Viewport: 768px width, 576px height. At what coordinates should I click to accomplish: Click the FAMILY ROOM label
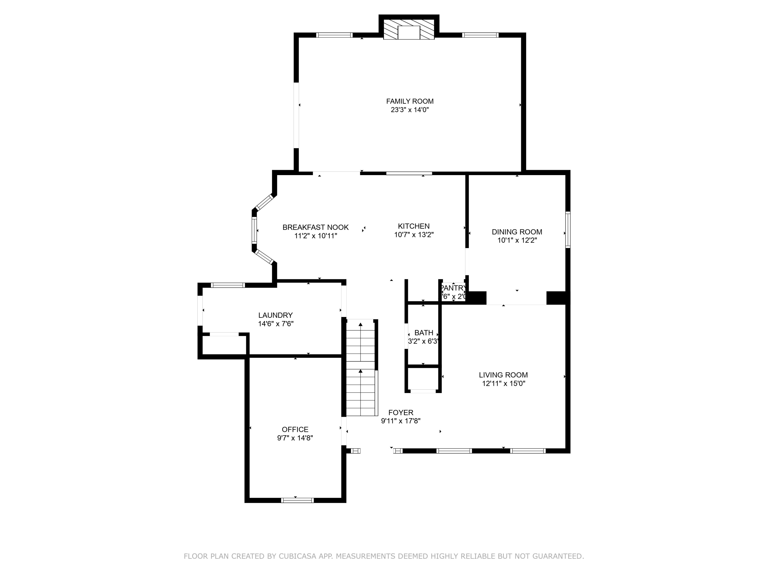[410, 101]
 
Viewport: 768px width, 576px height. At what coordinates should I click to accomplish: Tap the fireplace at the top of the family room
[409, 29]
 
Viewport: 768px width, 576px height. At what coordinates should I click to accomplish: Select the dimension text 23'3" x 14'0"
[410, 110]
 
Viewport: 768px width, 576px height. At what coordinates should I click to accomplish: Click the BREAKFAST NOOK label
[315, 227]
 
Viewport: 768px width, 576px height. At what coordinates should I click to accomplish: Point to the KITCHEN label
[413, 226]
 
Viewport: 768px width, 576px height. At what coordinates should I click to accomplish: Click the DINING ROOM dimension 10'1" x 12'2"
[517, 240]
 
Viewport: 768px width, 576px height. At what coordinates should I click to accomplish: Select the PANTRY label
[453, 288]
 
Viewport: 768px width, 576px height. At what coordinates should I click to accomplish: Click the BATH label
[424, 333]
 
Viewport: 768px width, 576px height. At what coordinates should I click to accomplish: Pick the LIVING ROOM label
[503, 375]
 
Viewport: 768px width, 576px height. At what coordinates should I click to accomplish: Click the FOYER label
[401, 412]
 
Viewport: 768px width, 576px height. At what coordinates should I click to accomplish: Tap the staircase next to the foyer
[361, 368]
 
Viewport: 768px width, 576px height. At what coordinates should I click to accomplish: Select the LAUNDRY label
[275, 315]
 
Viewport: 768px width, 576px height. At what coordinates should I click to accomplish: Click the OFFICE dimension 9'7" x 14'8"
[295, 438]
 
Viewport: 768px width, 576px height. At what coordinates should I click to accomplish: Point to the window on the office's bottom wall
[297, 500]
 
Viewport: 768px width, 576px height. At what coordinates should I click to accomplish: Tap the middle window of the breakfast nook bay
[254, 230]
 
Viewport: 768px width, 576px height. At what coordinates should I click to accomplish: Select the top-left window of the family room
[334, 35]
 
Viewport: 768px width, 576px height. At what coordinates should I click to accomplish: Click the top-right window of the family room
[480, 35]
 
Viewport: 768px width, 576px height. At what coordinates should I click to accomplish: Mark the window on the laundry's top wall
[228, 285]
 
